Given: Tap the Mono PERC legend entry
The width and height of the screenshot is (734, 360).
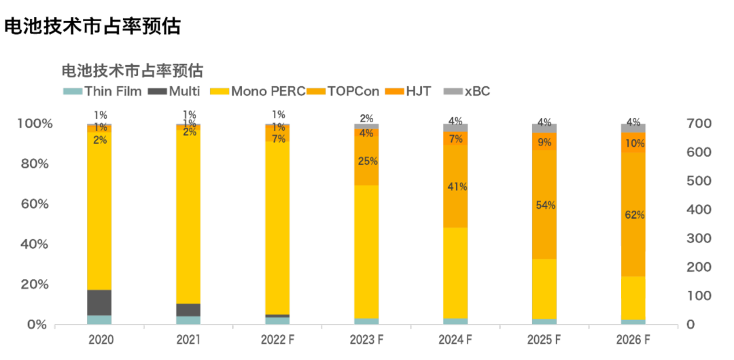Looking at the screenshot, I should coord(258,92).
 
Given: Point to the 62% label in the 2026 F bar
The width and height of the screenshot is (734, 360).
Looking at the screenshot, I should coord(633,215).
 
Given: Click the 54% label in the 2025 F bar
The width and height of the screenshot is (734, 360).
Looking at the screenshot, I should coord(544,206).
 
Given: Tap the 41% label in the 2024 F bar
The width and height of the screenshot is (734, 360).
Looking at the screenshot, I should coord(455,187).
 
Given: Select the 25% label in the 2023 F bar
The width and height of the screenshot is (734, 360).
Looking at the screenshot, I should coord(367,162).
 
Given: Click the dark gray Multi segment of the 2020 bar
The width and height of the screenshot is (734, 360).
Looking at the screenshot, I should coord(100,302).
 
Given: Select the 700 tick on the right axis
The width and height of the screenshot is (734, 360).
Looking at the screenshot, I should coord(700,124).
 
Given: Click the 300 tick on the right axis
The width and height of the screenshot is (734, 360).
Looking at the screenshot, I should coord(700,238).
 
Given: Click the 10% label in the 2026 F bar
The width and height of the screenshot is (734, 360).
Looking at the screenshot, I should coord(633,143).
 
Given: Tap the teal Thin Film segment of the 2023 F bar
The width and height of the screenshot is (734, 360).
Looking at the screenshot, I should coord(367,321).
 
